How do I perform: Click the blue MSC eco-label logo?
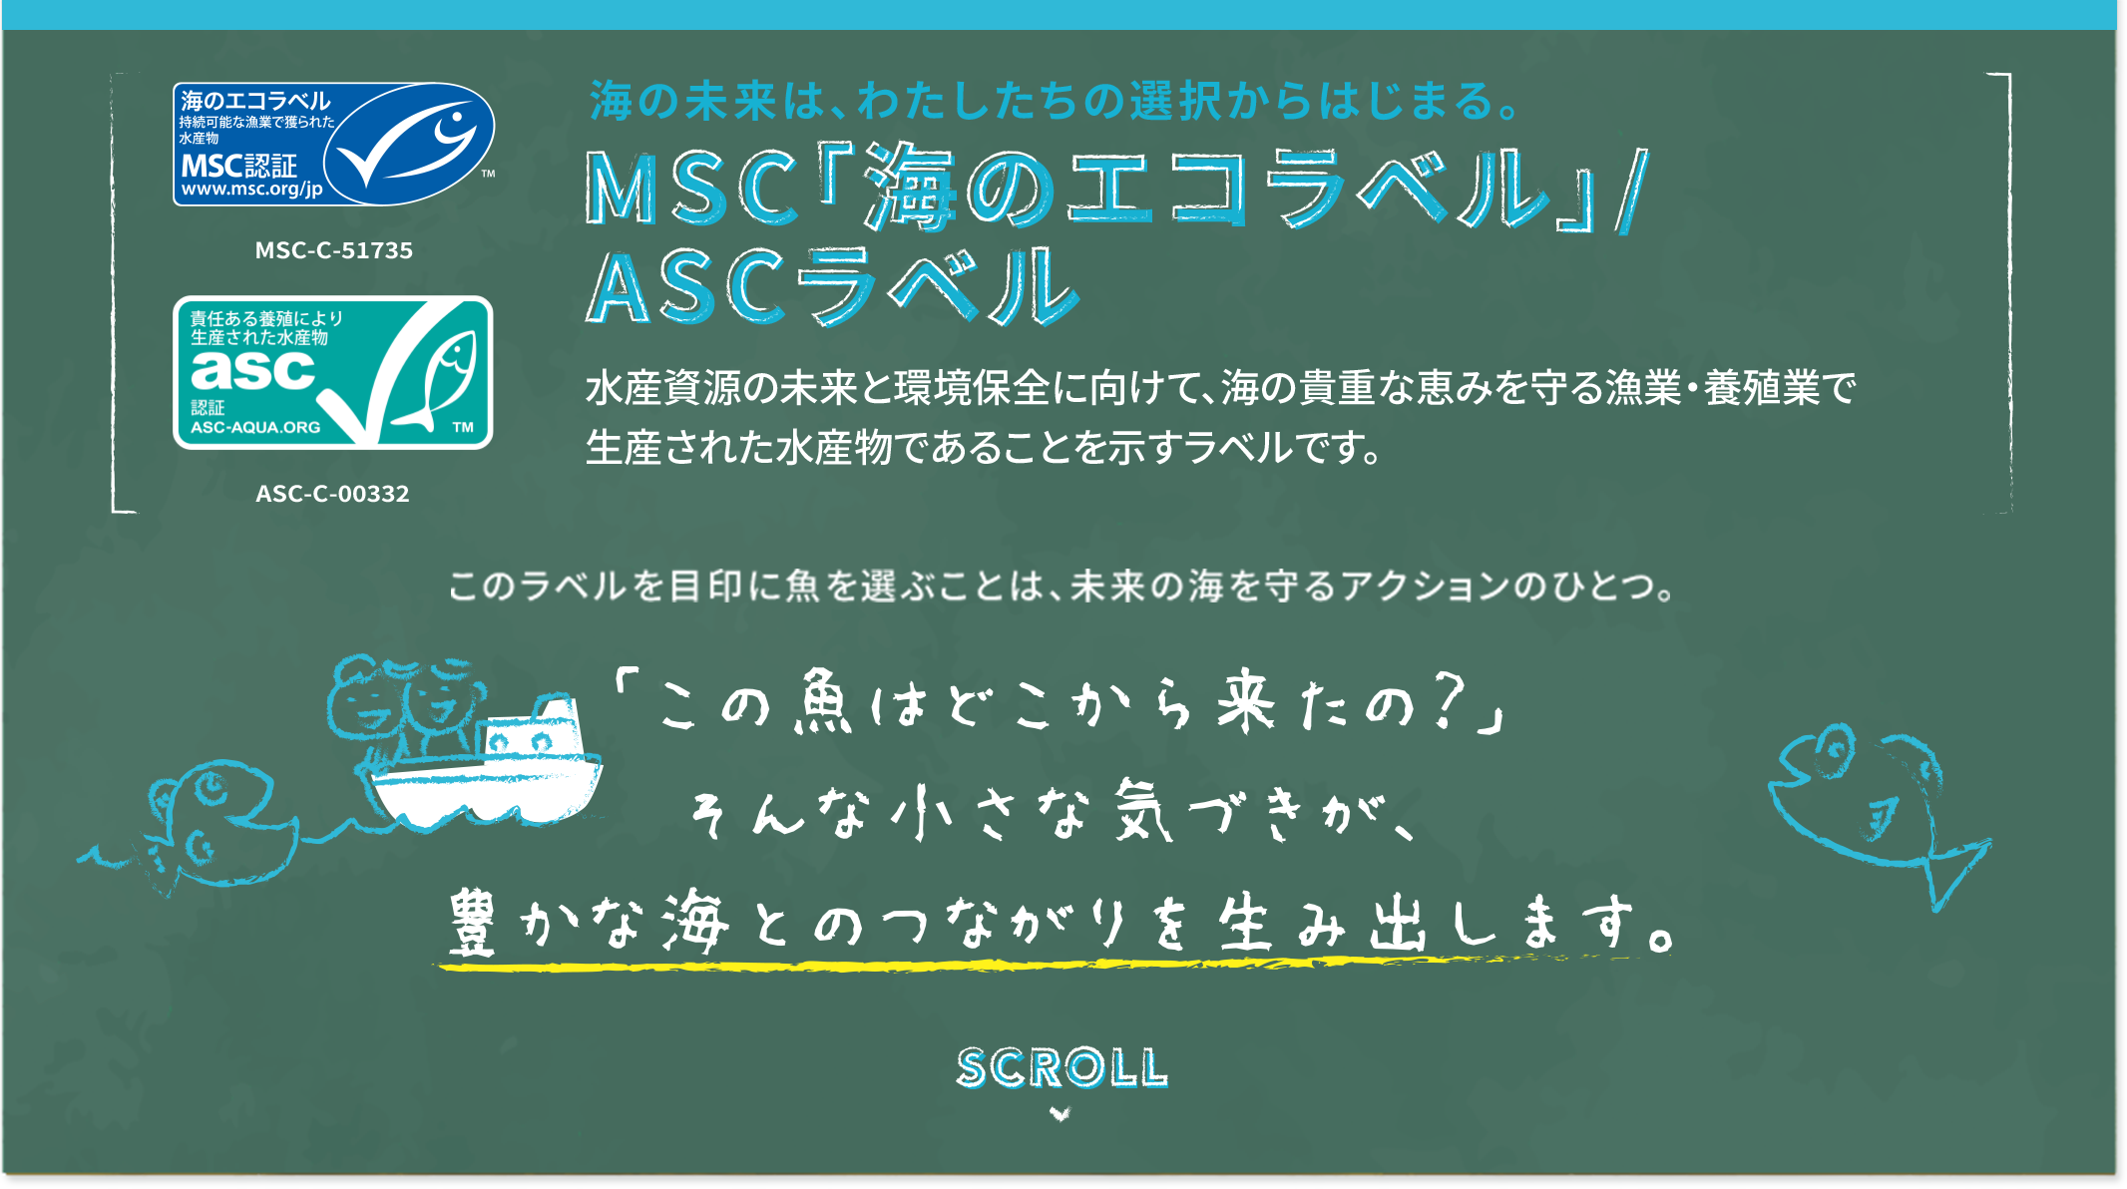click(333, 145)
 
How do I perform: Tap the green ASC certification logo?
click(333, 372)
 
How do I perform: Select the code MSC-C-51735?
click(333, 250)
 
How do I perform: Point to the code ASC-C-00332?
click(332, 494)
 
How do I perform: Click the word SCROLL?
click(1062, 1068)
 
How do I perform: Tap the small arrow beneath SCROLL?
click(1060, 1114)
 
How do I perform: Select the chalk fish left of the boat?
click(214, 818)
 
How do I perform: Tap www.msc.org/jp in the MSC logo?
click(251, 189)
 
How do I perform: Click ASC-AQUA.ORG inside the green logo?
click(255, 427)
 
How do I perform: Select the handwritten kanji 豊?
click(472, 923)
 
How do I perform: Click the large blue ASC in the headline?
click(683, 288)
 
